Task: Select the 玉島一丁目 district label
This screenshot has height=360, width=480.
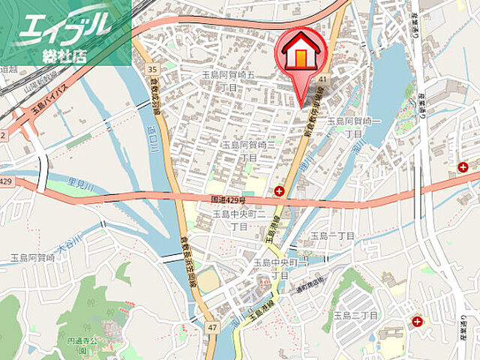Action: pos(332,235)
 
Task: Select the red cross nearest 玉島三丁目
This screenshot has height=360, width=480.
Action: pos(417,322)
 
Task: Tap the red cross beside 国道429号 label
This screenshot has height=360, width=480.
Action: pos(279,191)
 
